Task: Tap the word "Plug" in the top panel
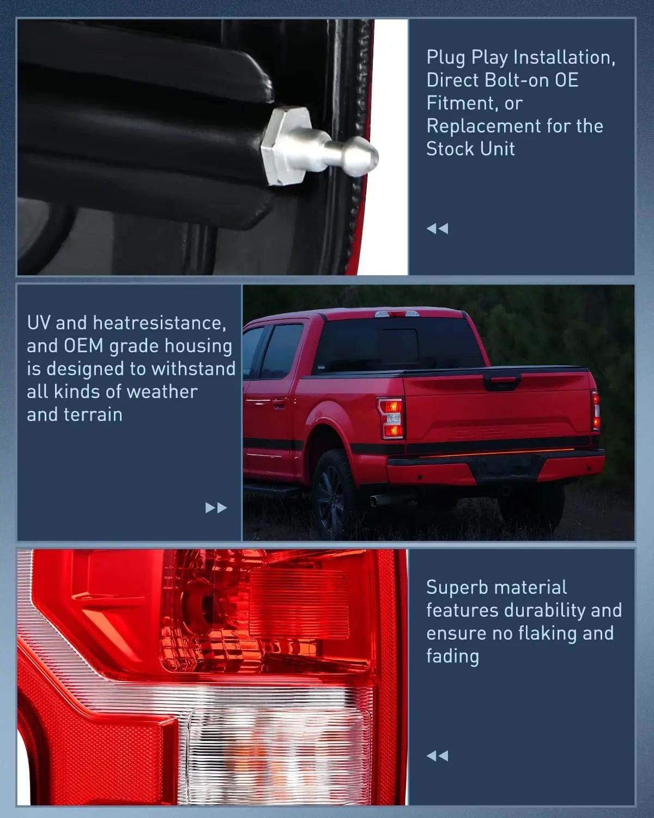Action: click(x=446, y=57)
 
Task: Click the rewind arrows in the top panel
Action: click(x=437, y=228)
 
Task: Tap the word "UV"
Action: click(x=39, y=323)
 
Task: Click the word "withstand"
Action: click(x=193, y=369)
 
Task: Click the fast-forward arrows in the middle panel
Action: click(x=216, y=508)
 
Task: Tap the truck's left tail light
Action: click(x=391, y=419)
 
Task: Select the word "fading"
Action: click(x=452, y=656)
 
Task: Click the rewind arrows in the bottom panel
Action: click(x=437, y=756)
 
